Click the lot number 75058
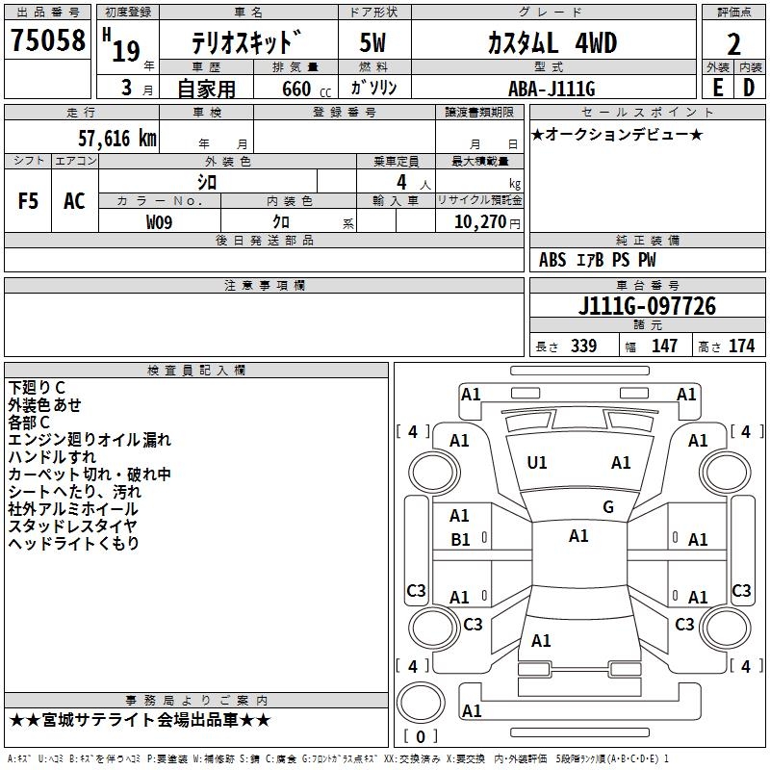(x=47, y=41)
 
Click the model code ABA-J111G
(x=552, y=89)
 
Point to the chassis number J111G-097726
(x=647, y=306)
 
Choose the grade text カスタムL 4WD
(x=552, y=43)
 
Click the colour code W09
(x=161, y=222)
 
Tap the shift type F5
(x=29, y=201)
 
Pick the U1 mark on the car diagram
(x=537, y=463)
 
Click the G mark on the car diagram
(x=608, y=507)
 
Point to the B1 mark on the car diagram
(x=461, y=540)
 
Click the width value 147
(x=664, y=346)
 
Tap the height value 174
(x=741, y=346)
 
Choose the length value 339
(x=583, y=346)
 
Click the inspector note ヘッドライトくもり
(x=74, y=544)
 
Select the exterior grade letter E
(x=717, y=88)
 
